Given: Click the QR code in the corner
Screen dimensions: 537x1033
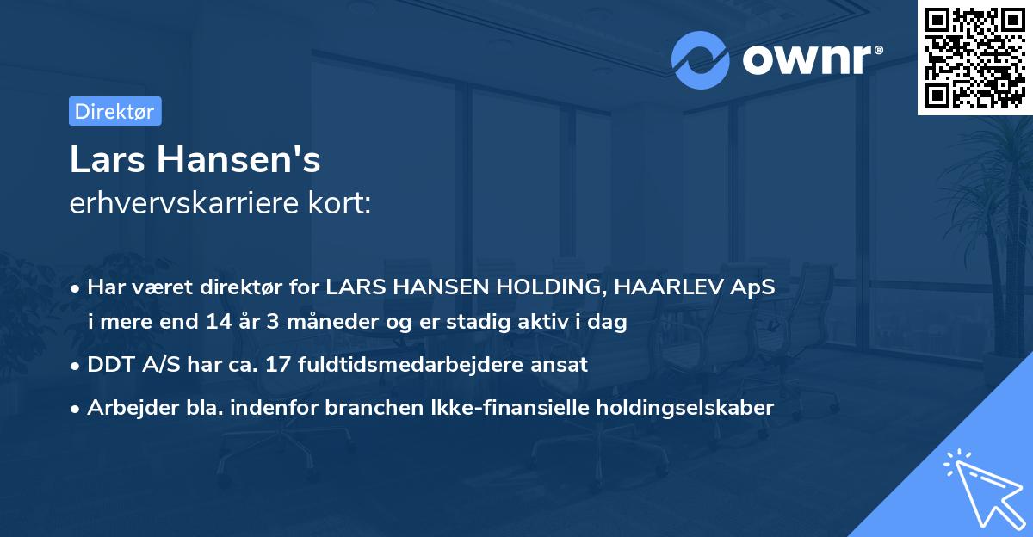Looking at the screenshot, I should point(974,58).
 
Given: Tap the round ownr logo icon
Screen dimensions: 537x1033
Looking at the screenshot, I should point(701,60).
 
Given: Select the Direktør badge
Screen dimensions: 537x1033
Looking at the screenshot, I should point(114,111).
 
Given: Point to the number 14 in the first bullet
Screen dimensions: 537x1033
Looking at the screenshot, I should point(217,324).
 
